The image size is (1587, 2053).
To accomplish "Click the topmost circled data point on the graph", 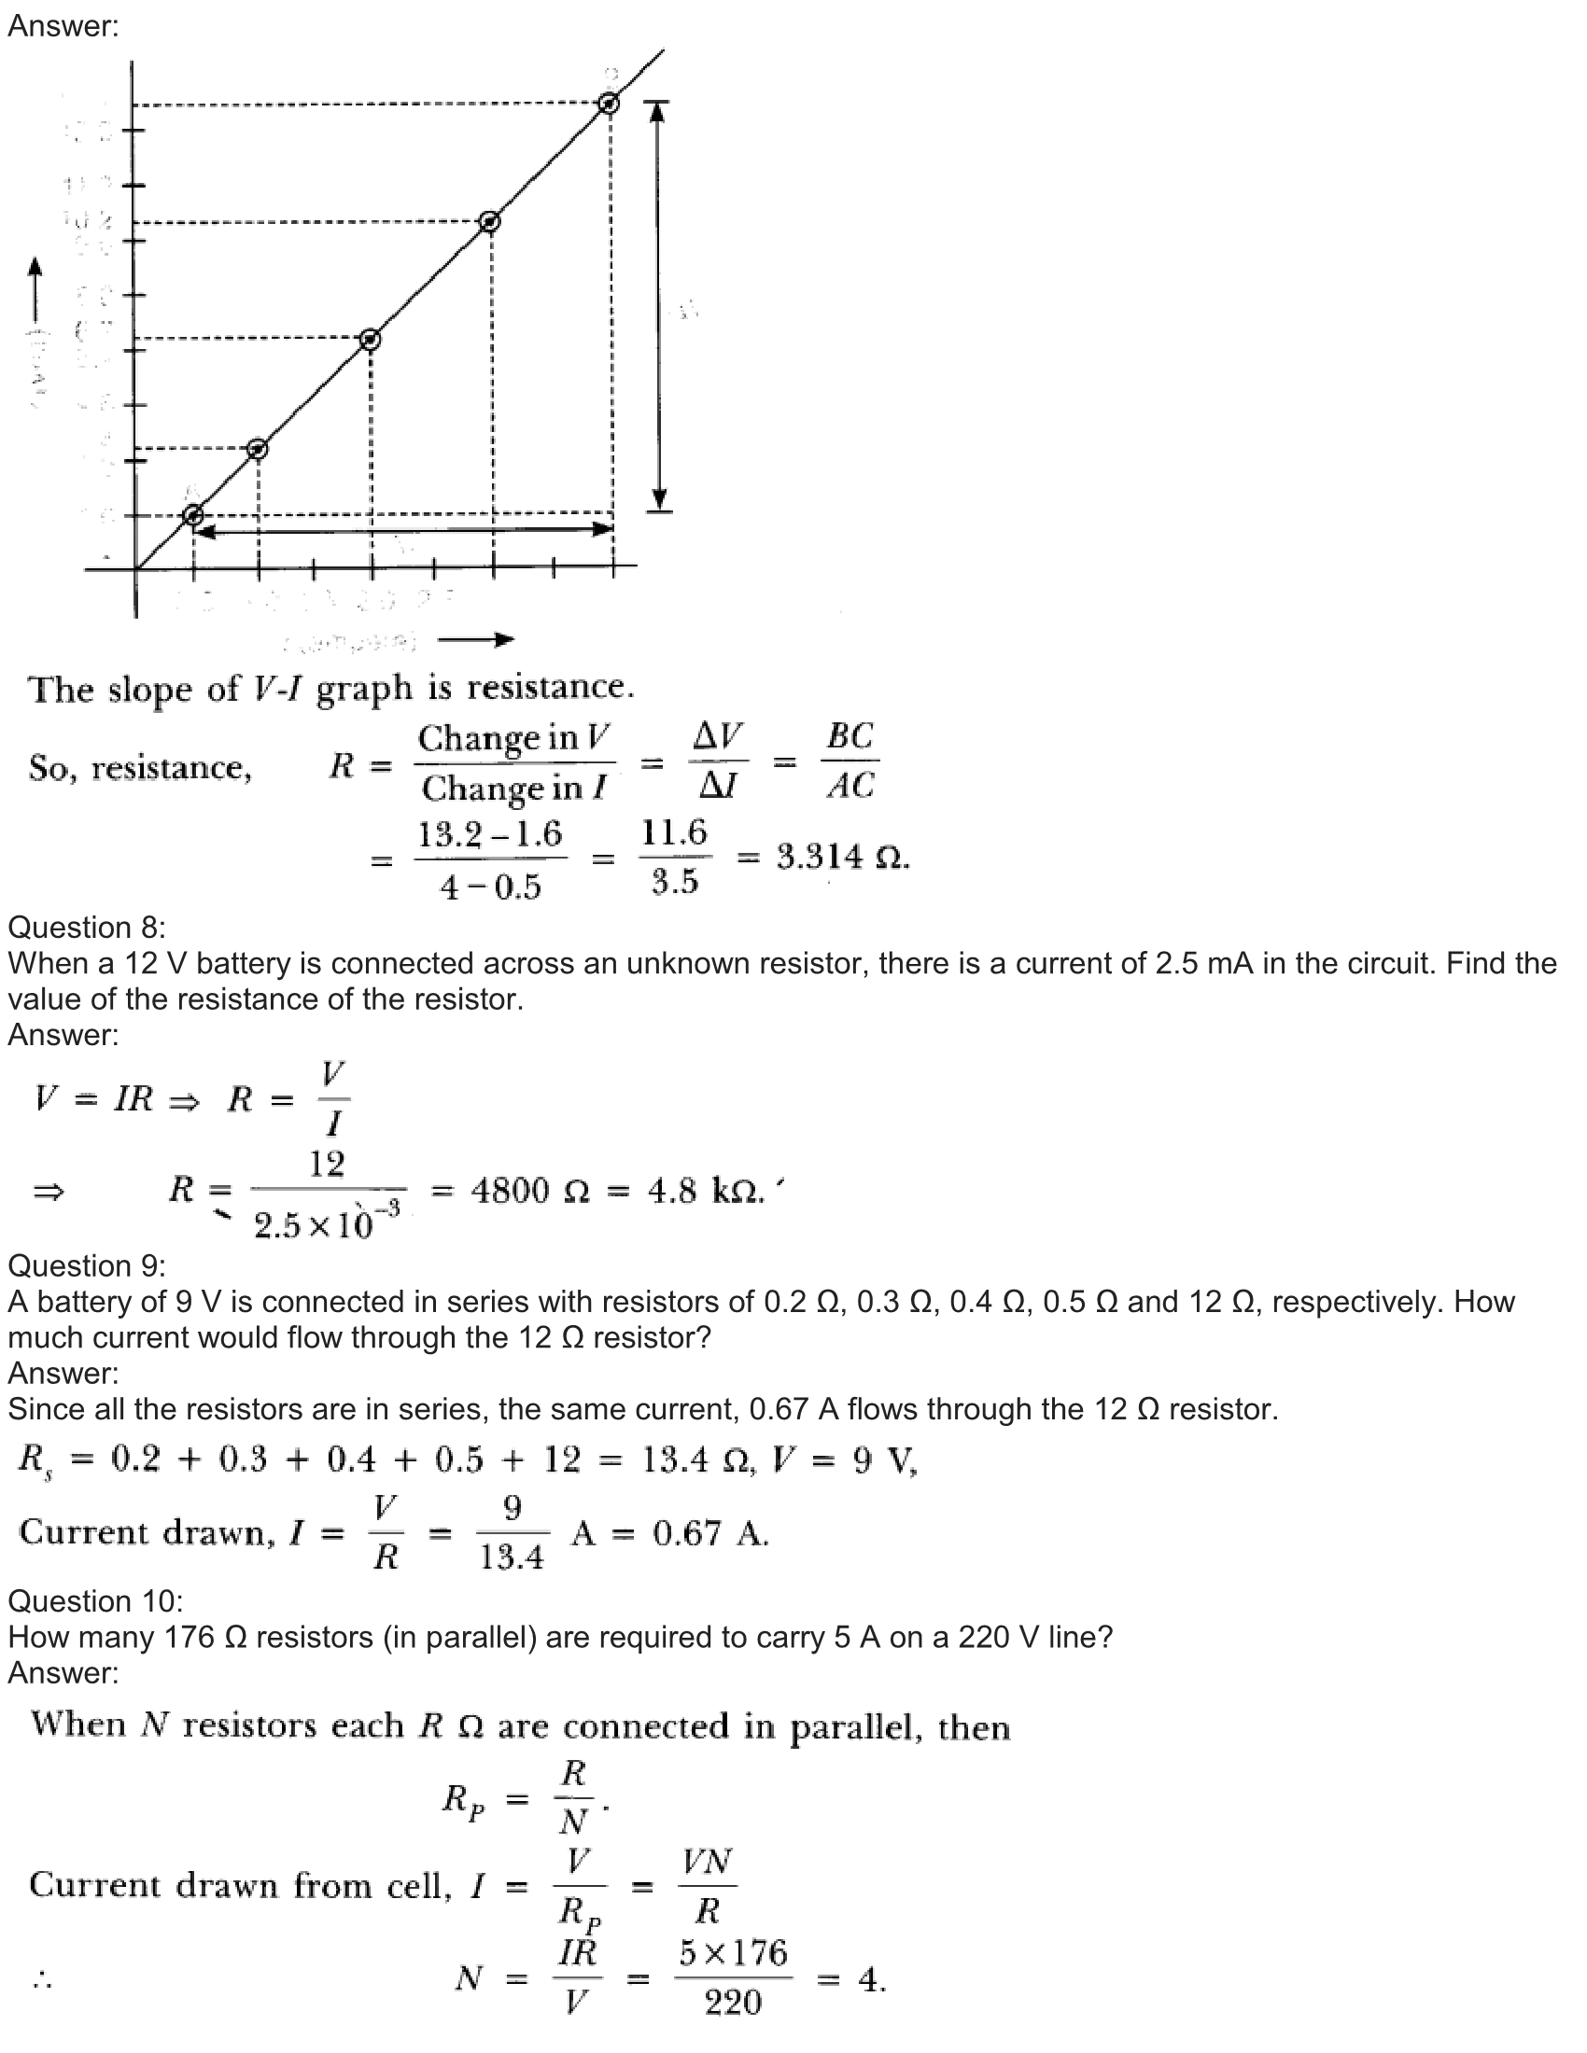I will click(x=610, y=104).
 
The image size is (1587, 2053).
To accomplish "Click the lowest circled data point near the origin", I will click(x=193, y=514).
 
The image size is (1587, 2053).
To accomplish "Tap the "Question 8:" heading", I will click(x=87, y=928).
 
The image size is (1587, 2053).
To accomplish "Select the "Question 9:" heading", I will click(x=87, y=1266).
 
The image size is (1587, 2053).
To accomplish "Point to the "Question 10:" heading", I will click(x=95, y=1600).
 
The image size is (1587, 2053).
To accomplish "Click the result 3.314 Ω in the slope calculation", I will click(x=842, y=857).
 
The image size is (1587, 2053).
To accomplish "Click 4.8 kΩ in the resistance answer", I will click(x=705, y=1191).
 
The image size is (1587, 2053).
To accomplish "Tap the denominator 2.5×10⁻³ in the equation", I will click(x=326, y=1224).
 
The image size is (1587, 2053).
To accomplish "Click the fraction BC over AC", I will click(x=850, y=761).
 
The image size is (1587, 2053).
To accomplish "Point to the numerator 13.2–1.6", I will click(x=490, y=833).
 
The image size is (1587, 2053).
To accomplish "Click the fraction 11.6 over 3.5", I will click(x=674, y=857).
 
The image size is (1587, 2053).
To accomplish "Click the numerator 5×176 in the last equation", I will click(x=734, y=1952).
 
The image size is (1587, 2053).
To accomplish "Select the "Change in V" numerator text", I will click(x=514, y=738).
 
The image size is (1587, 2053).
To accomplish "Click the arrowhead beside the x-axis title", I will click(x=506, y=640).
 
